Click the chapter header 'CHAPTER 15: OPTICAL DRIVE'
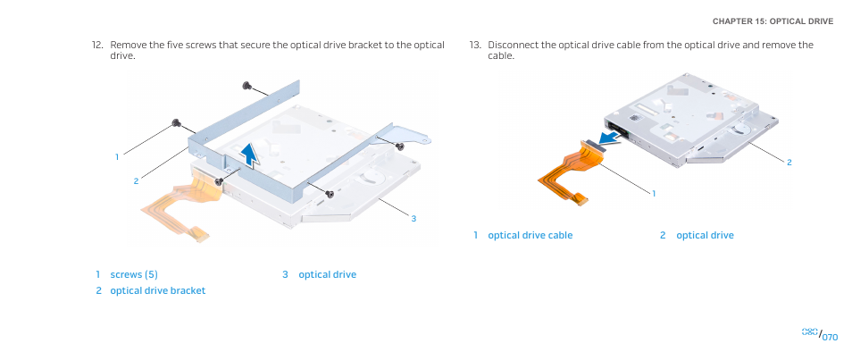(773, 21)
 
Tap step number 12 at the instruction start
(97, 45)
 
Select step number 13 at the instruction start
(475, 45)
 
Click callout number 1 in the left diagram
(117, 157)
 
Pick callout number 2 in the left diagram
(137, 181)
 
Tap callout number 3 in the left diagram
(413, 219)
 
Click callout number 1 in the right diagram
(654, 194)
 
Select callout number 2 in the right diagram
(789, 162)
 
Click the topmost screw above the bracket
(246, 86)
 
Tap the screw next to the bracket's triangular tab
(400, 146)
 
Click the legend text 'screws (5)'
(134, 274)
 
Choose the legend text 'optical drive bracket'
(157, 290)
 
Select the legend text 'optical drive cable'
(530, 236)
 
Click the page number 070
(830, 337)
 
